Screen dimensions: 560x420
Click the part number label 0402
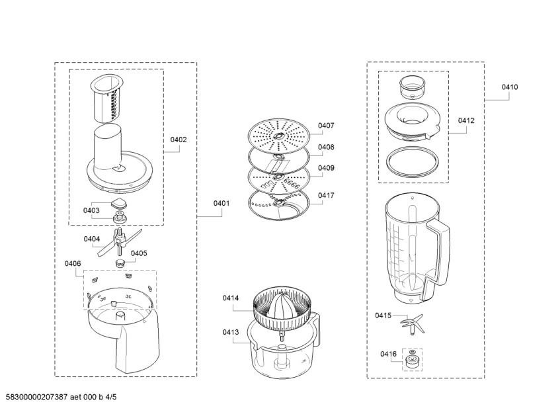click(179, 140)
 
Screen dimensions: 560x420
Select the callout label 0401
click(221, 203)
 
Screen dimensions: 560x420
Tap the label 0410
click(510, 87)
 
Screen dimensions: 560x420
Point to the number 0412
click(466, 121)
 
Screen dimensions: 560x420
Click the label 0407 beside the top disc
click(326, 126)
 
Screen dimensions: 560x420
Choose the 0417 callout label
click(326, 195)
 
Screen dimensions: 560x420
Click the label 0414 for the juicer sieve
click(231, 298)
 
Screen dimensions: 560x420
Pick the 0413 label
click(231, 332)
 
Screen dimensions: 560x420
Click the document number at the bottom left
click(61, 397)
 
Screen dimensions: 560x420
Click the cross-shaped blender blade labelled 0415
click(412, 323)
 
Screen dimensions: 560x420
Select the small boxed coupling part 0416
click(412, 360)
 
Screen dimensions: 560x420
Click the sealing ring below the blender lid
click(413, 162)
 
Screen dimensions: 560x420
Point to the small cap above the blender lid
click(413, 87)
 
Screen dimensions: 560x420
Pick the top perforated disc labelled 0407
click(278, 136)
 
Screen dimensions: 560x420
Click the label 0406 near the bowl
click(73, 263)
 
